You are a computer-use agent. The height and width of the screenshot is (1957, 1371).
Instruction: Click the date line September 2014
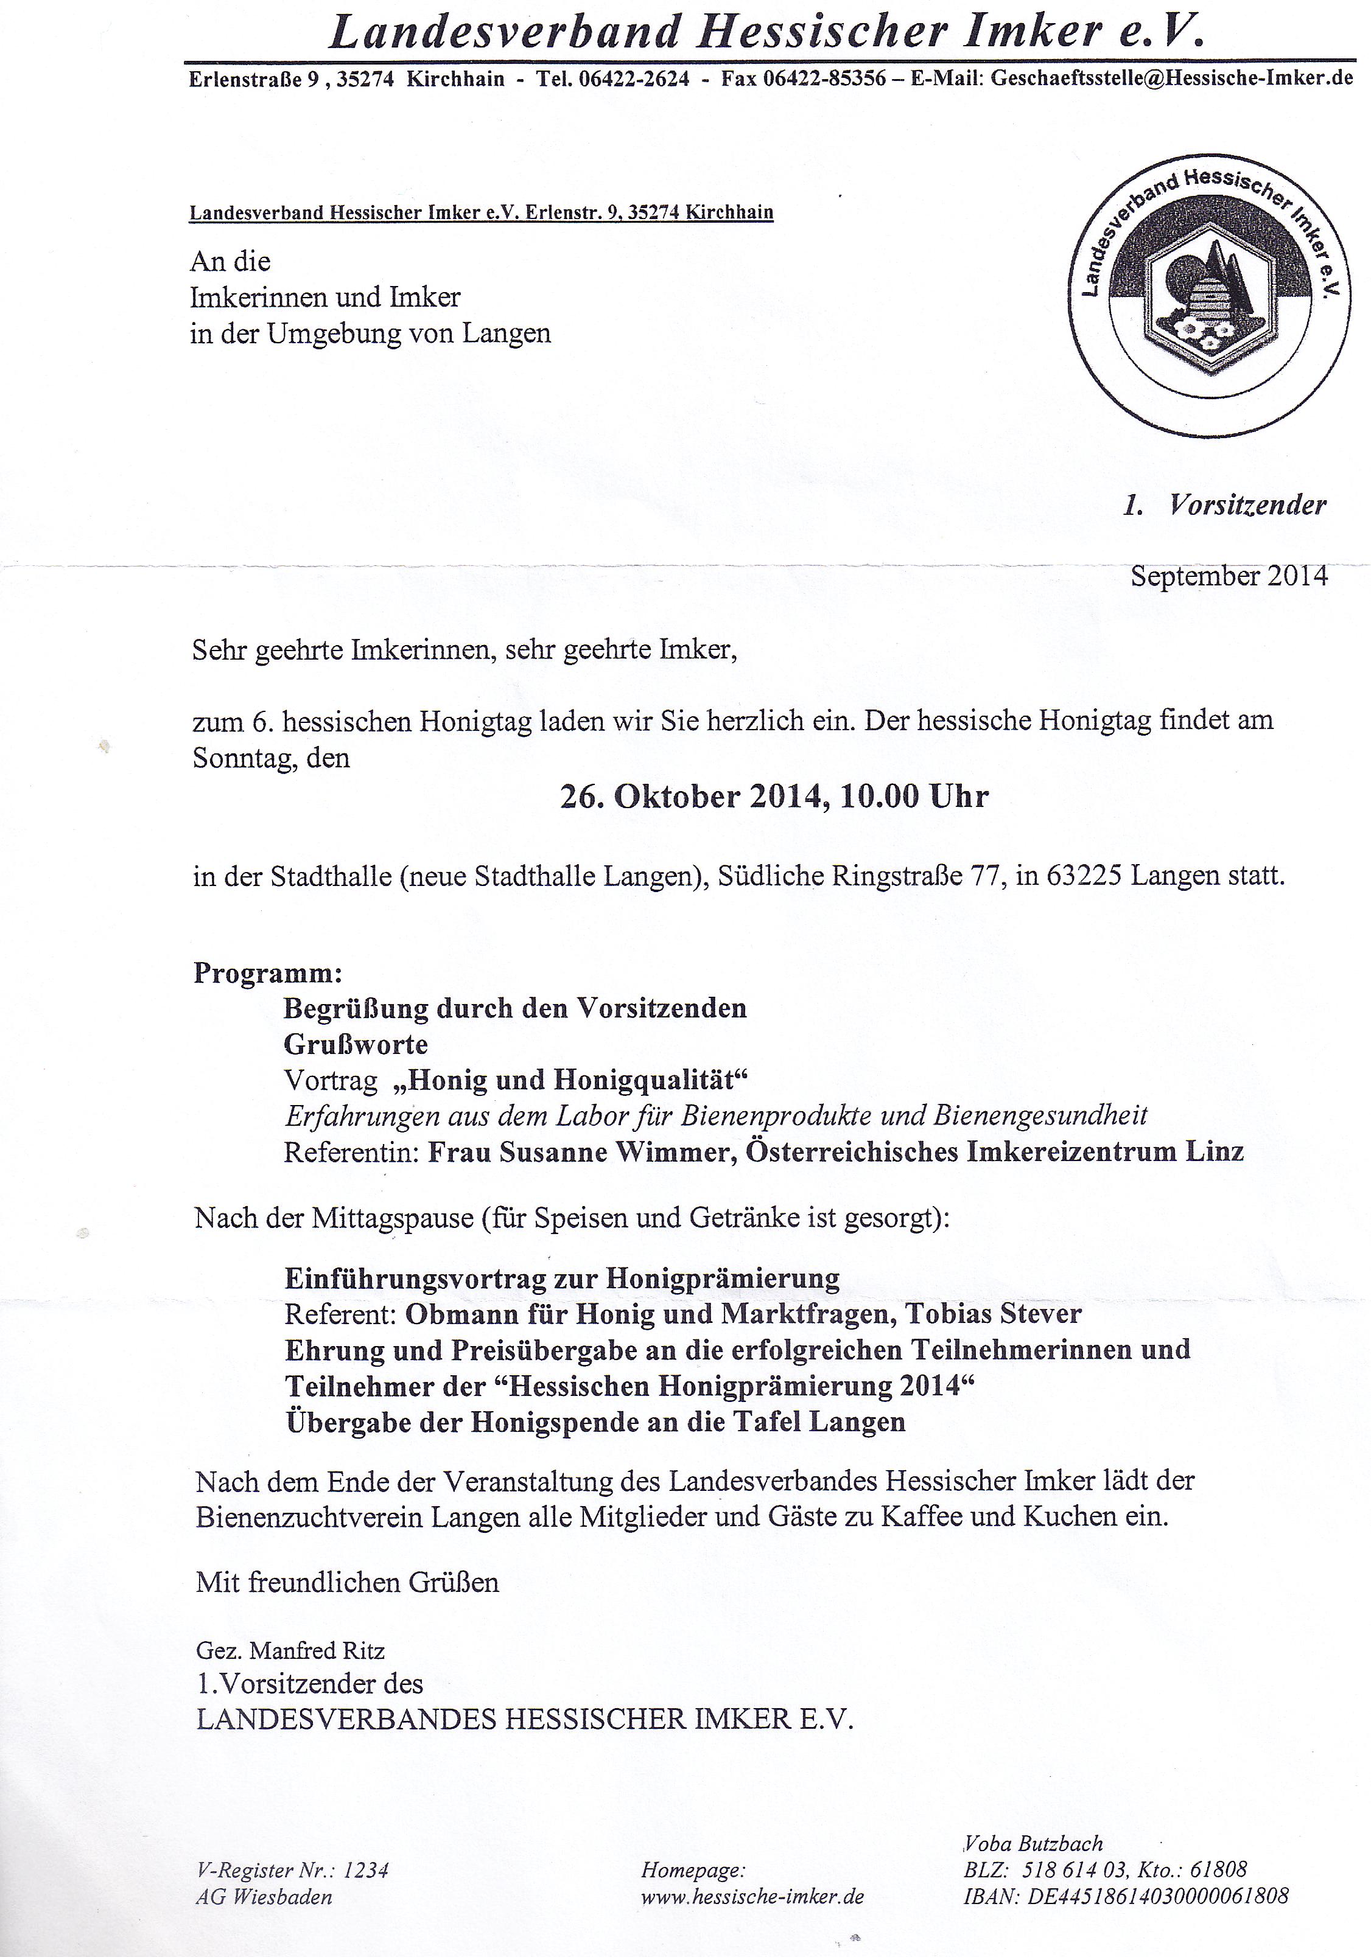click(x=1229, y=576)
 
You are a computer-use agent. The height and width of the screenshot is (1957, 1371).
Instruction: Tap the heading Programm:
click(x=268, y=972)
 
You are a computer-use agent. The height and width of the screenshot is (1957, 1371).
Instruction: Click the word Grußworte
click(x=356, y=1044)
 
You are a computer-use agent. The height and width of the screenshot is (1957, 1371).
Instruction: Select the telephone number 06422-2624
click(x=634, y=79)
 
